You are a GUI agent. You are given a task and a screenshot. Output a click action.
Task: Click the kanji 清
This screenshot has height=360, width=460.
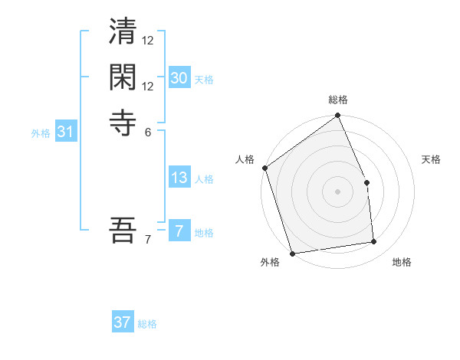coord(123,34)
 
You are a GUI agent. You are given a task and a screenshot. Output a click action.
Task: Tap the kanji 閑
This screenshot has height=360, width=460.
coord(123,78)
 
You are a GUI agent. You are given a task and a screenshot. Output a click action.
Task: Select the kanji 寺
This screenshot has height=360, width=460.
coord(123,121)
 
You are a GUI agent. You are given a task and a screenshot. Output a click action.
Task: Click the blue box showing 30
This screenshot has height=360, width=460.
coord(179,78)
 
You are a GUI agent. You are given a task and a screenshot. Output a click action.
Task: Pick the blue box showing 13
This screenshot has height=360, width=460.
coord(179,178)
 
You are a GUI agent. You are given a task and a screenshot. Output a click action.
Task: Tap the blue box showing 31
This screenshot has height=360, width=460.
coord(66,132)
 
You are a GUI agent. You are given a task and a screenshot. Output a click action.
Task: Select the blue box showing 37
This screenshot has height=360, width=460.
coord(123,322)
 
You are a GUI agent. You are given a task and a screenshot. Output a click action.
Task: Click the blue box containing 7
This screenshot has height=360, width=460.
coord(179,231)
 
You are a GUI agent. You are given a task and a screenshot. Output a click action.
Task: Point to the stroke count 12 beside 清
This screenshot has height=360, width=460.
coord(148,40)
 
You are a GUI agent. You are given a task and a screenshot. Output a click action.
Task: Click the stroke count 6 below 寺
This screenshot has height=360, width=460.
coord(147,131)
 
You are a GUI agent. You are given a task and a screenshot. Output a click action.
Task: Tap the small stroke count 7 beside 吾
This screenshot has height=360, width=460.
coord(147,240)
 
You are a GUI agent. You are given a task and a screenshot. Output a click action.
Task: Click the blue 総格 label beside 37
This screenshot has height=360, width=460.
coord(147,324)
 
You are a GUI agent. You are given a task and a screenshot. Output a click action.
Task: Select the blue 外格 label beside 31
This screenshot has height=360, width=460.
coord(41,133)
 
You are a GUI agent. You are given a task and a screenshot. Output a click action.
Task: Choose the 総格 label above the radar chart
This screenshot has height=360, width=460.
coord(337,100)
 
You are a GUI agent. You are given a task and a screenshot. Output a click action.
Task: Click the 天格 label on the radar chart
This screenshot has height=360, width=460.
coord(431,159)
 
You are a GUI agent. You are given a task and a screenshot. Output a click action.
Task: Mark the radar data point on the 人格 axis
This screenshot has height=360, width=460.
coord(264,168)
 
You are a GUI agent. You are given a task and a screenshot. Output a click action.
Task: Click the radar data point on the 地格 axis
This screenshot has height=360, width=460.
coord(373,242)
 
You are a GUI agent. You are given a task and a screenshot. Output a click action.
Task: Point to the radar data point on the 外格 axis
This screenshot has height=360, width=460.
coord(292,253)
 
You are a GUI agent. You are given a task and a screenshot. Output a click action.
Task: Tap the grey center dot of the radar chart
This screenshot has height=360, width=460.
coord(337,191)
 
